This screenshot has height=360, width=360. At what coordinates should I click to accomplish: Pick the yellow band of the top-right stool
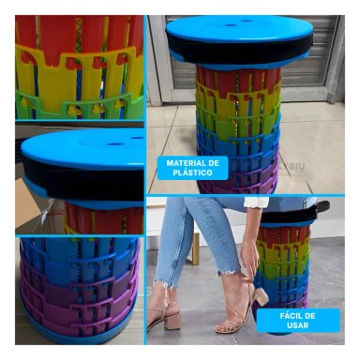point(239,99)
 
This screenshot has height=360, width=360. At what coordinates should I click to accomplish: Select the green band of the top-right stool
point(239,119)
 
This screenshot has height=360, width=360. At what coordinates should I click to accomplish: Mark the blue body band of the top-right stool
point(239,141)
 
